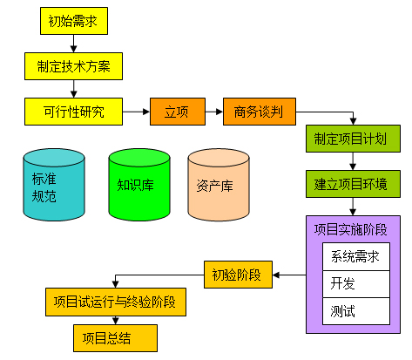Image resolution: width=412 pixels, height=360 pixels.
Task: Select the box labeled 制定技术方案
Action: (73, 65)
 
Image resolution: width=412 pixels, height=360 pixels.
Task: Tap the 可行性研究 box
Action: (73, 111)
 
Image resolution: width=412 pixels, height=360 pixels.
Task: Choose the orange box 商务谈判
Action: (259, 111)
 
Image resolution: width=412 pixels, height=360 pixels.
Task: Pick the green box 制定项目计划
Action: (352, 139)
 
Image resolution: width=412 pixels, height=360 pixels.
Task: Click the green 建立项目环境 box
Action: (352, 184)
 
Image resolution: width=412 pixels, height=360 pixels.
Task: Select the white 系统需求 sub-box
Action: (355, 257)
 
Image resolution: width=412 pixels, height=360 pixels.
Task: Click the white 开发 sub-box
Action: (355, 284)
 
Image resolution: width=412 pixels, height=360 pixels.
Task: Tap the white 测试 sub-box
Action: (355, 310)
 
